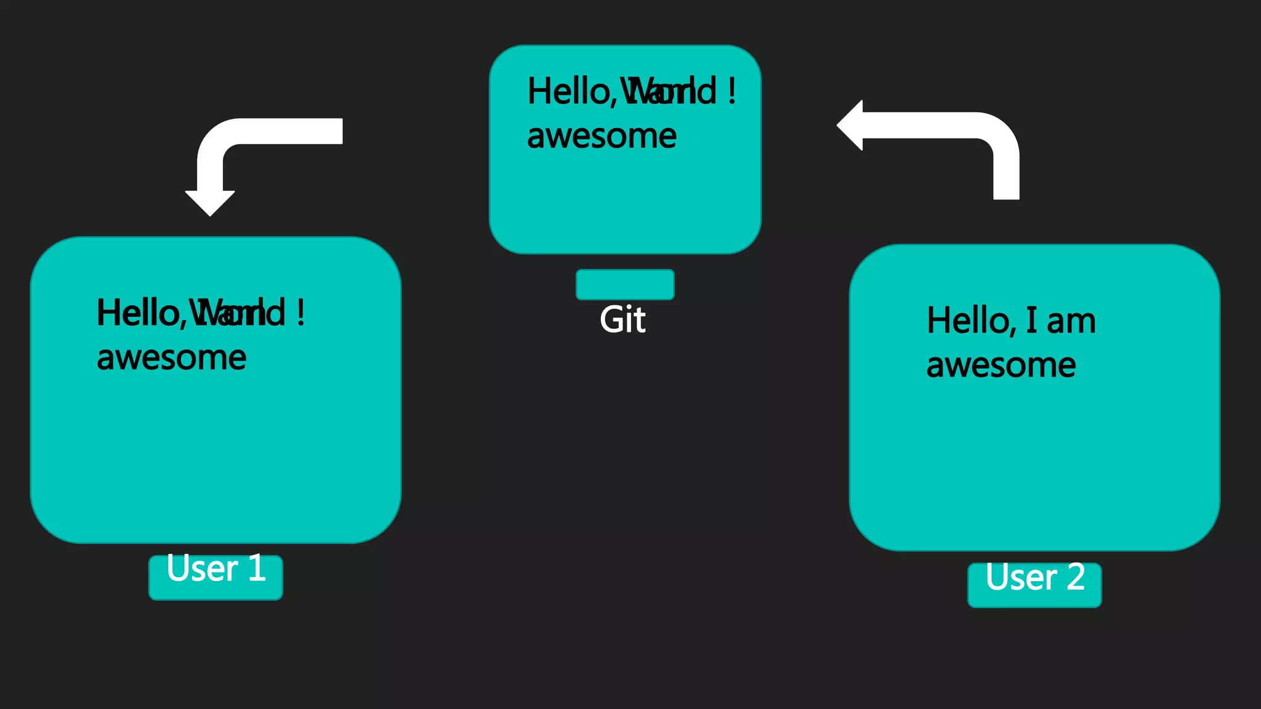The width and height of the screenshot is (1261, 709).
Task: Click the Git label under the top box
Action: tap(622, 319)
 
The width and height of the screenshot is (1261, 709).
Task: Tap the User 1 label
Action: tap(216, 569)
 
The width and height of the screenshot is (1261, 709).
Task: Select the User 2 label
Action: tap(1034, 577)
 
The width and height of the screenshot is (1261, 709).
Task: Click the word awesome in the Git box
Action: tap(602, 136)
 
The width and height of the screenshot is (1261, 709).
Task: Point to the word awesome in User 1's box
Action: tap(171, 358)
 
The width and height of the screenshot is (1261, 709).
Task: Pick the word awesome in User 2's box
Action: tap(1001, 366)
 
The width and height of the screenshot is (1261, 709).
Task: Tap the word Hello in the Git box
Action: tap(570, 92)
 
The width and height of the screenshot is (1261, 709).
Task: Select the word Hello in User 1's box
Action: tap(139, 313)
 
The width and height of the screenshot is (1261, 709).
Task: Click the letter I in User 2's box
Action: tap(1031, 321)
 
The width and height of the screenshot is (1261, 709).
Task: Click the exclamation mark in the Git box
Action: tap(731, 91)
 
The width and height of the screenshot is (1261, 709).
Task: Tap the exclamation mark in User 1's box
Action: tap(300, 313)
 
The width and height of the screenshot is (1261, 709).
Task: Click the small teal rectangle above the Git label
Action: tap(625, 284)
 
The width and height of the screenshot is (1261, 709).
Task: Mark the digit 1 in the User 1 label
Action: tap(257, 568)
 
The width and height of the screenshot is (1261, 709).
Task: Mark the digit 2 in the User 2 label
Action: tap(1076, 577)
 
